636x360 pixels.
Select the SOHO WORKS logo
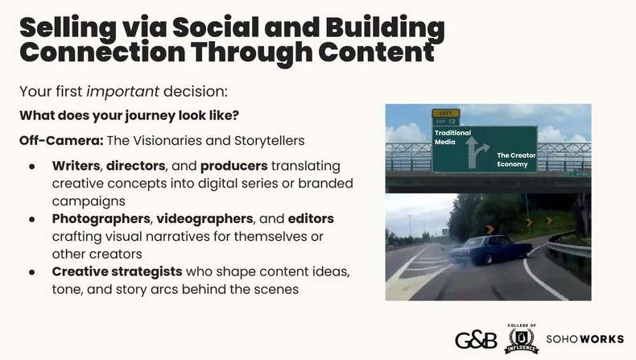tap(585, 338)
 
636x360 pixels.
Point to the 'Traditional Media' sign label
tap(452, 136)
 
